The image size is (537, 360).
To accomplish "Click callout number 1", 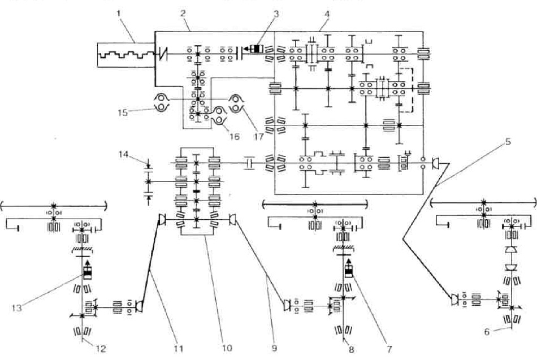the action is point(119,14).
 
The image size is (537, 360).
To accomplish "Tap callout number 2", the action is point(183,14).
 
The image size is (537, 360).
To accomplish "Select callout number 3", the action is point(276,14).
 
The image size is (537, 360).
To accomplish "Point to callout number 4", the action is point(327,14).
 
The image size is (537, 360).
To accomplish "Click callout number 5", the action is point(508,141).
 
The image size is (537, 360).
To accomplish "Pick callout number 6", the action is point(487,332).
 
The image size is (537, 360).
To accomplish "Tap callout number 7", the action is point(389,349).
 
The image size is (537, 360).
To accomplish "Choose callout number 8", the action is point(351,350).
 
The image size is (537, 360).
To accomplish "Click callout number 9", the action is point(274,348).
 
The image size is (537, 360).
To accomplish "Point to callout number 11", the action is point(179,349).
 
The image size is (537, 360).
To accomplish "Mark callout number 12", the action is point(101,349).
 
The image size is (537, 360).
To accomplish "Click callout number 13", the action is point(16,307).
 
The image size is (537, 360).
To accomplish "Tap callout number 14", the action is point(124,154).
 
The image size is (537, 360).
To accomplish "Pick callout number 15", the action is point(123,112).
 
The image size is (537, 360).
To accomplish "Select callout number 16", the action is point(234,137).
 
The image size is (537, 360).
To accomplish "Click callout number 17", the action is point(258,137).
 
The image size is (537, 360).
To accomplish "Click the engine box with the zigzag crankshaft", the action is point(126,55).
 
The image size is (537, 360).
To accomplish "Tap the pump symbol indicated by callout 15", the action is point(161,103).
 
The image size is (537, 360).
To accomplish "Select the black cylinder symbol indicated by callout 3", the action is point(255,49).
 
